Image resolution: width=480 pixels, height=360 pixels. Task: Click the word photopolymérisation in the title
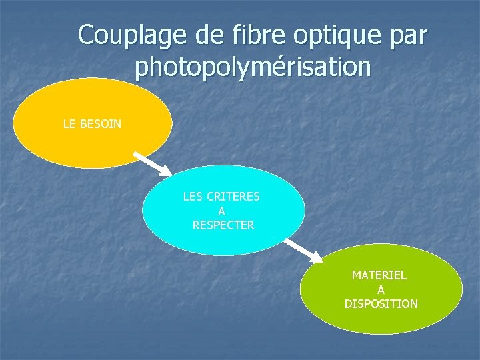(252, 67)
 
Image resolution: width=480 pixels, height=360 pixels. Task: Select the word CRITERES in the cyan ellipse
(233, 197)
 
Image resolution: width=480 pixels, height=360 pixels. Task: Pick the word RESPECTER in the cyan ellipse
(223, 225)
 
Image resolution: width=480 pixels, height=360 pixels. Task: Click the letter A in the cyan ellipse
(222, 211)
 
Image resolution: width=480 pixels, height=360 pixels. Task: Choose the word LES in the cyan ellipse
(193, 197)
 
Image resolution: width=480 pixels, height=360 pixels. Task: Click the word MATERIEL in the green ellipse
(379, 275)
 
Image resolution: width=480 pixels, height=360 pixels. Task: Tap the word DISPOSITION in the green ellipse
(381, 304)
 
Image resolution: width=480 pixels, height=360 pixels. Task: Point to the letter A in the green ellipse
(381, 289)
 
